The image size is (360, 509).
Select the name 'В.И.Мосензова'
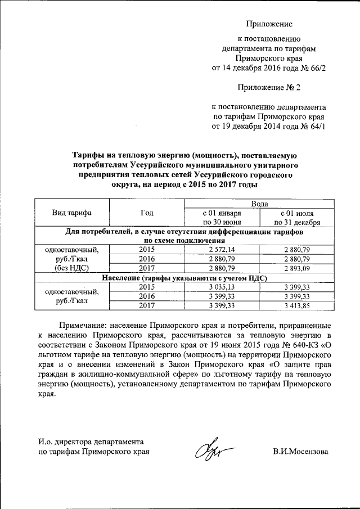(x=300, y=451)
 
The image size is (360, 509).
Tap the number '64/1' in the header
(x=317, y=126)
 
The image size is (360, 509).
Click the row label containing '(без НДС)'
(x=72, y=268)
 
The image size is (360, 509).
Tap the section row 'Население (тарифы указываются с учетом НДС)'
(x=184, y=277)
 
